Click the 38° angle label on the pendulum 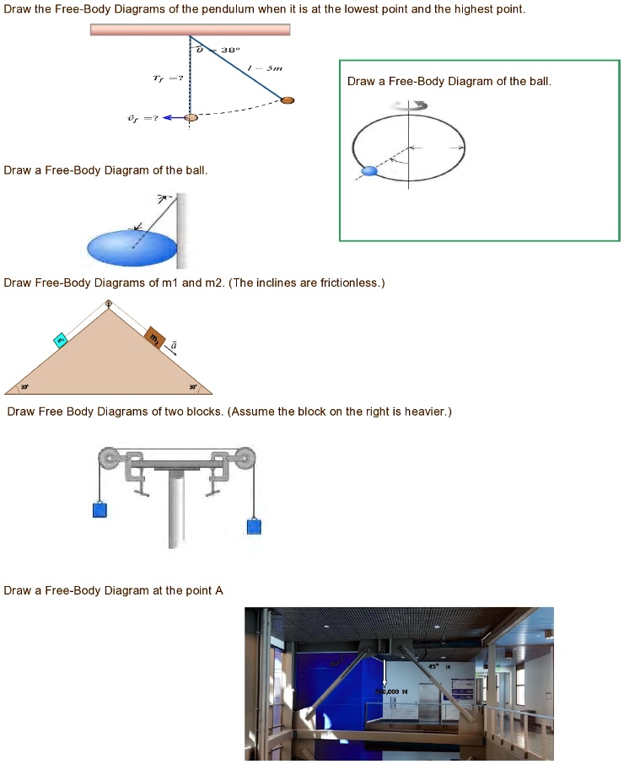pyautogui.click(x=229, y=50)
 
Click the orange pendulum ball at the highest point pyautogui.click(x=288, y=100)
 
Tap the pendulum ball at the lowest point pyautogui.click(x=191, y=117)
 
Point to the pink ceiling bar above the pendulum pyautogui.click(x=190, y=30)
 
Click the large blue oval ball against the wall pyautogui.click(x=132, y=247)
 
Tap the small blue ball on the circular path pyautogui.click(x=368, y=171)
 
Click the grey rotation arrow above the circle pyautogui.click(x=410, y=105)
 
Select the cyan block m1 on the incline pyautogui.click(x=61, y=340)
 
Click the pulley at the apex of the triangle pyautogui.click(x=108, y=304)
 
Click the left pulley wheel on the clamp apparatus pyautogui.click(x=109, y=460)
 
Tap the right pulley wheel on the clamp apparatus pyautogui.click(x=243, y=460)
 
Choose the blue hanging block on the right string pyautogui.click(x=255, y=527)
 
